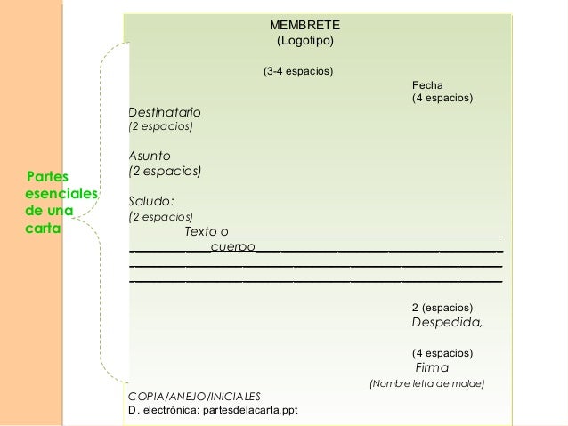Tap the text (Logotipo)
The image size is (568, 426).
pyautogui.click(x=304, y=42)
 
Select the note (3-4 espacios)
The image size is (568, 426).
pyautogui.click(x=297, y=70)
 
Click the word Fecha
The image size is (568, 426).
pyautogui.click(x=427, y=84)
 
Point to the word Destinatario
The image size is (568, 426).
pyautogui.click(x=165, y=112)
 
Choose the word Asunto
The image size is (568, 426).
pyautogui.click(x=150, y=157)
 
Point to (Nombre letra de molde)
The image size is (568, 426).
pyautogui.click(x=426, y=384)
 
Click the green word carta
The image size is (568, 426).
pyautogui.click(x=43, y=228)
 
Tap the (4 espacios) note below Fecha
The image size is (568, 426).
pyautogui.click(x=442, y=97)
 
